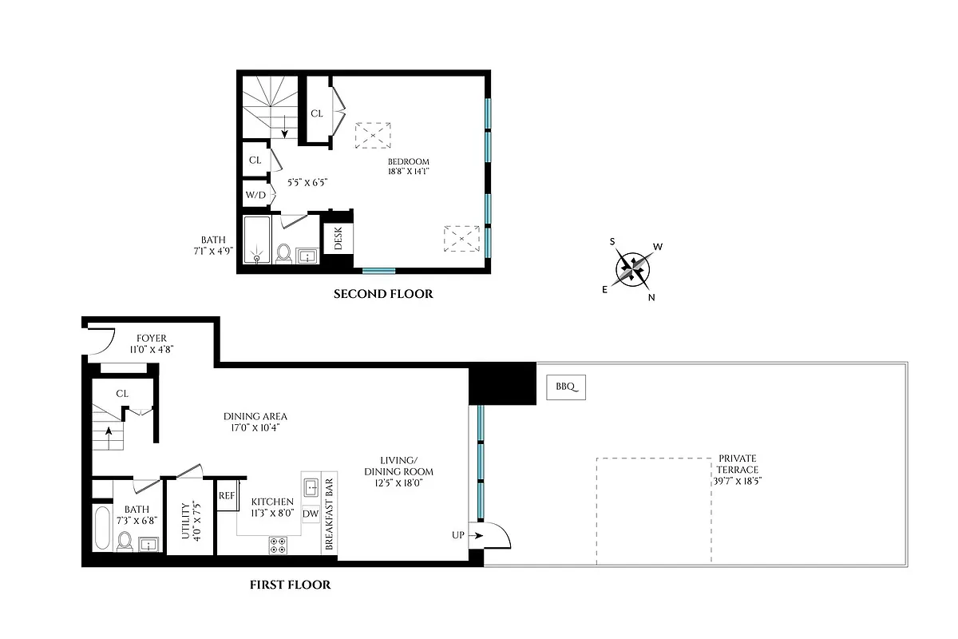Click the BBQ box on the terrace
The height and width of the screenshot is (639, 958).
point(566,388)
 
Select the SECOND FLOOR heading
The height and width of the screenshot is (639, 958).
point(383,294)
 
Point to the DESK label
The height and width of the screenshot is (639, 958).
point(338,239)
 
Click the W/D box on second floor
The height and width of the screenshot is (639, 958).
point(255,194)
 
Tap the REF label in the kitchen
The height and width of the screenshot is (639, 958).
point(227,496)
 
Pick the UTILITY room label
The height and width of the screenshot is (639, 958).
point(184,521)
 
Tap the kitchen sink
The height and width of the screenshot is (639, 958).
point(311,485)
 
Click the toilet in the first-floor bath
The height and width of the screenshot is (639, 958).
point(125,542)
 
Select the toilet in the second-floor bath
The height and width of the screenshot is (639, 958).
point(283,253)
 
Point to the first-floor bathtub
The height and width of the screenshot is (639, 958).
point(103,528)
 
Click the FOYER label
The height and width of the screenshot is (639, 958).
point(151,343)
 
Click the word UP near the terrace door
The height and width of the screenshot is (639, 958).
point(457,534)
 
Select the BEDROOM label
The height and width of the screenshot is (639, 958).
point(409,166)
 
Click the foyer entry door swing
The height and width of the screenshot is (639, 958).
point(101,344)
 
